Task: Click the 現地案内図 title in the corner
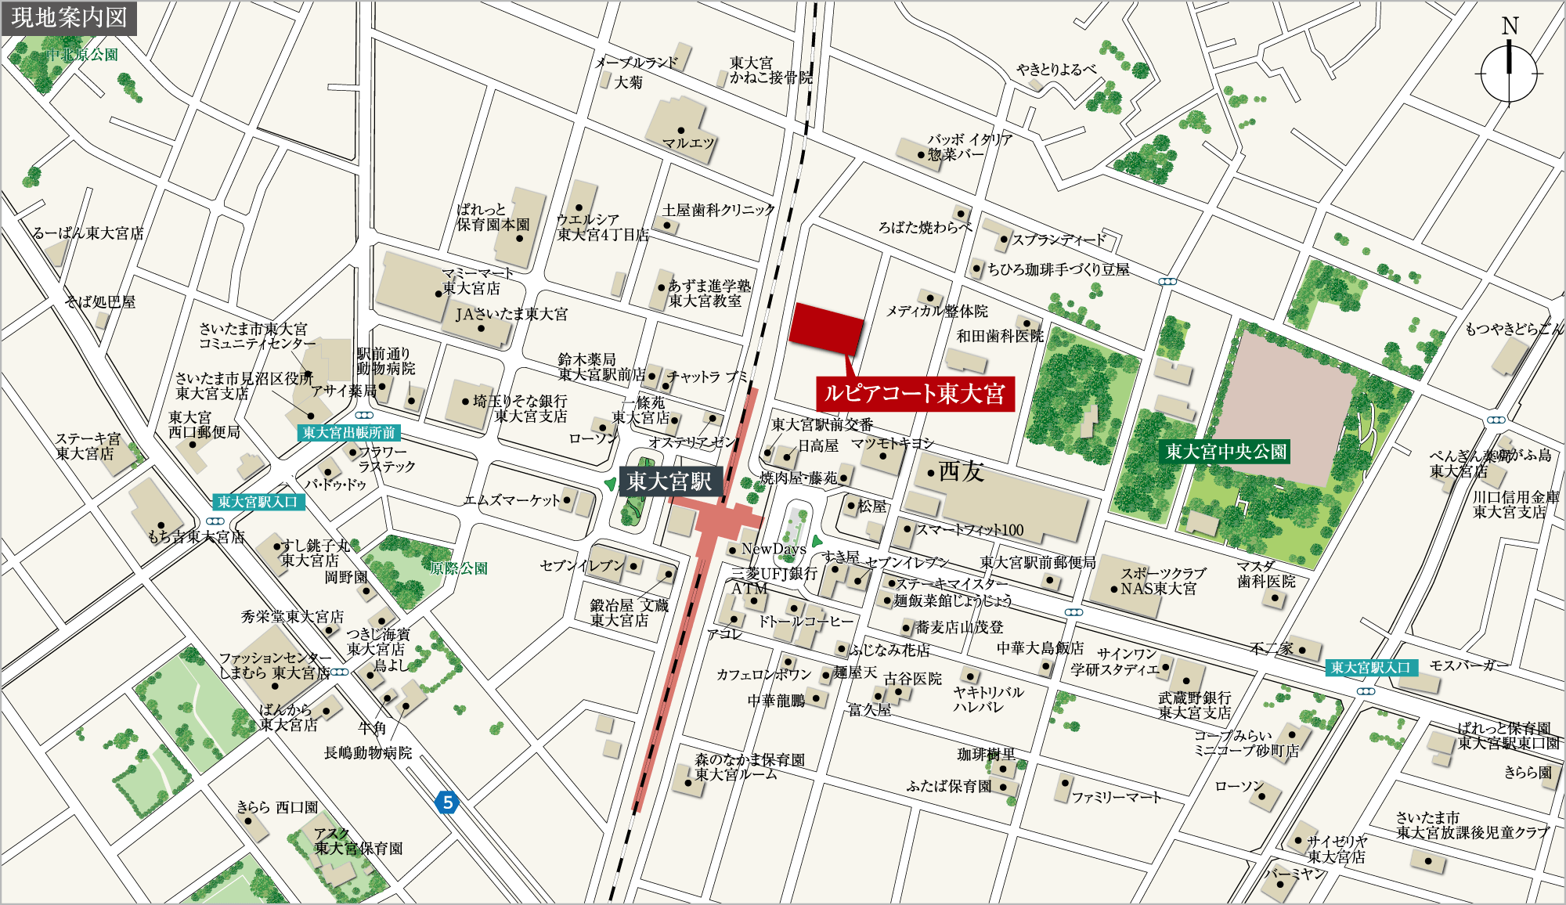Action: point(69,17)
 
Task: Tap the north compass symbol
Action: point(1509,72)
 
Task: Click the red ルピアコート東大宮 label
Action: point(915,393)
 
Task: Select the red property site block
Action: point(825,330)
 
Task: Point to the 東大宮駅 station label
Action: point(669,481)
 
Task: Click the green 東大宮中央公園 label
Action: point(1225,452)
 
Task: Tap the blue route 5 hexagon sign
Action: point(447,802)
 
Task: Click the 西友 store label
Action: point(960,471)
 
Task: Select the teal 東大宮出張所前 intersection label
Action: point(348,432)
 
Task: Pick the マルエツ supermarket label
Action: point(688,143)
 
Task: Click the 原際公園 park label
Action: point(459,568)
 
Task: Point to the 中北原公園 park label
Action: point(81,55)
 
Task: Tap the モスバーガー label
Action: point(1468,665)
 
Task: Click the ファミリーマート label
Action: point(1116,797)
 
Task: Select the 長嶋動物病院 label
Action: point(367,752)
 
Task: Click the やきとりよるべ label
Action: point(1056,70)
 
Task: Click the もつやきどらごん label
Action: point(1513,329)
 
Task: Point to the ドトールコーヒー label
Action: point(806,621)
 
